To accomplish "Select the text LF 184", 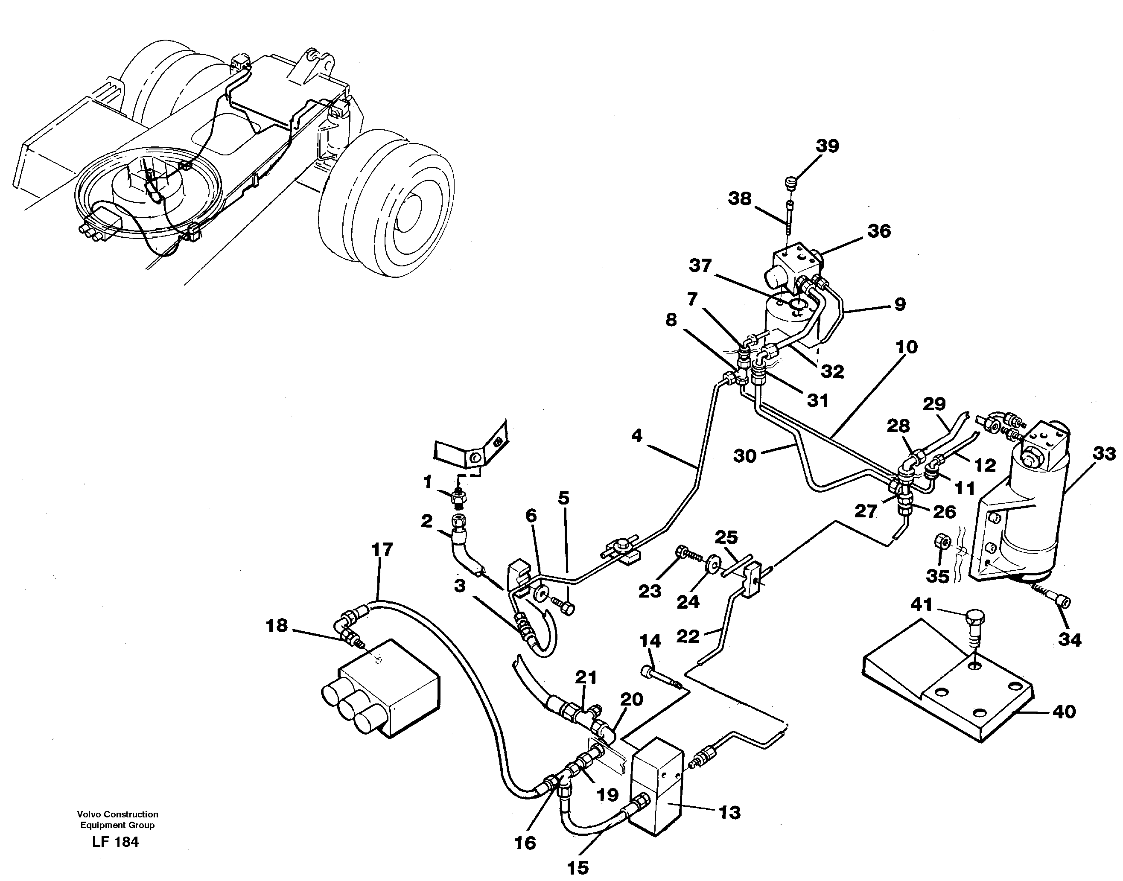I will coord(116,842).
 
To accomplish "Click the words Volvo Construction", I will coord(118,814).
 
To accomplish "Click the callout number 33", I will coord(1103,454).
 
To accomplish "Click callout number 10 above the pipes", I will coord(906,347).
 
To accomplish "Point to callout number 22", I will coord(688,636).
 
